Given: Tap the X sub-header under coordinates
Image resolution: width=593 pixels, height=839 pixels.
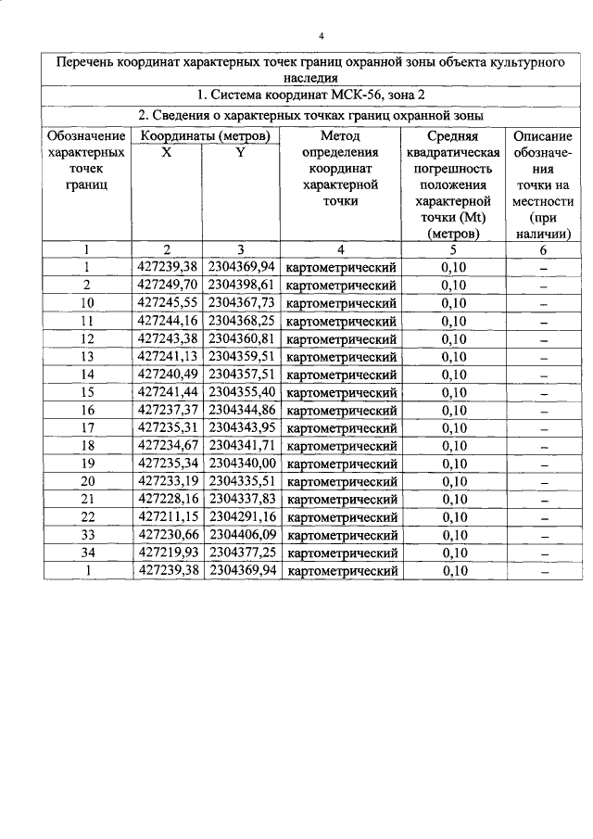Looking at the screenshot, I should tap(166, 153).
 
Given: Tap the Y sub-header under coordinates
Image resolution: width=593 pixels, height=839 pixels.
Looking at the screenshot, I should tap(240, 153).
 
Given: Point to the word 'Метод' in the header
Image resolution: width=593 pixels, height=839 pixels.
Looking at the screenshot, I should tap(340, 136).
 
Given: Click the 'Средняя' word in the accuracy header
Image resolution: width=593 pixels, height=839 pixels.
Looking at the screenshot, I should tap(452, 136).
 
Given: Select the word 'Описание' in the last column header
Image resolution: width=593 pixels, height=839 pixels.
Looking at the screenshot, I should tap(542, 136).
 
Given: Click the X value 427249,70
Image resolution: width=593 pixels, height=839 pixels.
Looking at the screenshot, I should tap(167, 285).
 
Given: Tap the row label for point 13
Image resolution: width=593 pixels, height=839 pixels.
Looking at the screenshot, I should tap(87, 356).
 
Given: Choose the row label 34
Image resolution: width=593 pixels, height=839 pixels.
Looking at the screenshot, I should tap(87, 553).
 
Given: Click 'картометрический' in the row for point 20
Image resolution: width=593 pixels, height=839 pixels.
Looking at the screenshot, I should tap(342, 481).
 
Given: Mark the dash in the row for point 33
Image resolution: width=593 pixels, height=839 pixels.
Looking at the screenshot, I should tap(544, 536).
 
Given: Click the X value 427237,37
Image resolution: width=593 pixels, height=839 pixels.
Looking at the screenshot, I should tap(167, 410).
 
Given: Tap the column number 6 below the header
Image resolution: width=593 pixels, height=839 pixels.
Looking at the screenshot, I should tap(544, 248).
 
